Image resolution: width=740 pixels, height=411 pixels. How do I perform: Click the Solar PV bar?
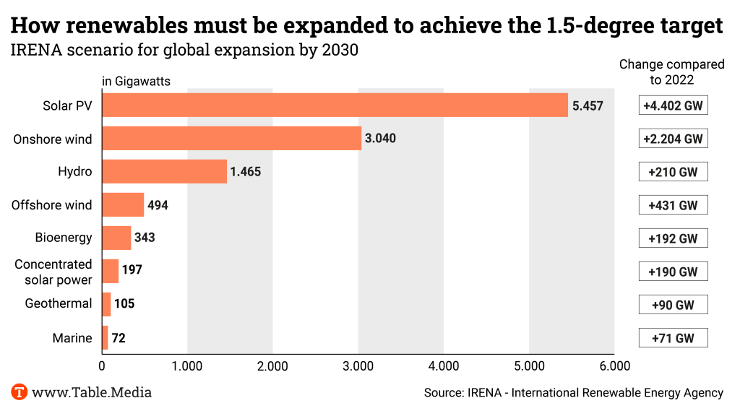(335, 105)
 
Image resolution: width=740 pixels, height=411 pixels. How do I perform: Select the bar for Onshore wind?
(231, 139)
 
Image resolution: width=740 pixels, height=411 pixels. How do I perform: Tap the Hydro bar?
(164, 172)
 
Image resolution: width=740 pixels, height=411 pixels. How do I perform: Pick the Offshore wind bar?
(123, 205)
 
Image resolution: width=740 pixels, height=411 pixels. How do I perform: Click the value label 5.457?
(587, 106)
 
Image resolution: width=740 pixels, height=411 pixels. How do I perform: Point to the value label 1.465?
(245, 172)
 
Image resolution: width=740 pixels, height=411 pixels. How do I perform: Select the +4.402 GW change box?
(673, 105)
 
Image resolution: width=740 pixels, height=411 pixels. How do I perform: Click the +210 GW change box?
(673, 172)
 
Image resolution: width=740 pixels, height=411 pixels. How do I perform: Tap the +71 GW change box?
(673, 338)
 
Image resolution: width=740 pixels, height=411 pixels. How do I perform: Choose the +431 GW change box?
(673, 205)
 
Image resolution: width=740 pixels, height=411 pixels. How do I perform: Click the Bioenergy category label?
(64, 238)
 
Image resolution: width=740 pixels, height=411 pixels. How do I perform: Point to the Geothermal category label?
(59, 303)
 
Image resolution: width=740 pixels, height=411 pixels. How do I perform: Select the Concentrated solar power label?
(53, 272)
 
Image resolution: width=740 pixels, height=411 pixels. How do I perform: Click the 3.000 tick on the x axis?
(358, 366)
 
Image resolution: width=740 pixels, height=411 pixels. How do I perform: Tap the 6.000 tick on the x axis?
(614, 366)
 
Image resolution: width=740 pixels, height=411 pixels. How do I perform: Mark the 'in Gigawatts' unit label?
(136, 82)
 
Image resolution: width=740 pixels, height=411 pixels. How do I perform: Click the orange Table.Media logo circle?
(20, 393)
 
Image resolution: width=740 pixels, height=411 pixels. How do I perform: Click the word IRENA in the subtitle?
(30, 52)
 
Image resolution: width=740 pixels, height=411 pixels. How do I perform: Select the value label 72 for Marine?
(119, 338)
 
